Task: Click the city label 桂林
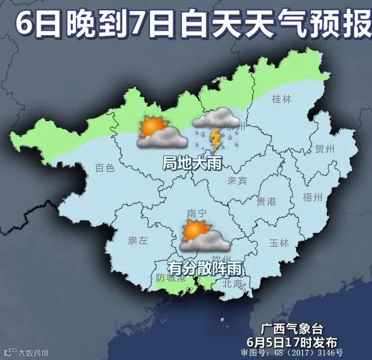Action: click(282, 99)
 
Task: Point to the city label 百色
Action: click(104, 168)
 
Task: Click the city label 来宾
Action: click(237, 181)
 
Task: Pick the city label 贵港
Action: click(266, 201)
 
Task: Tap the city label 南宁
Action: click(197, 213)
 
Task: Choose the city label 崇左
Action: click(138, 240)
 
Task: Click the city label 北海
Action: click(233, 283)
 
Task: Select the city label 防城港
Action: click(170, 278)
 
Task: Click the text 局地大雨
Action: click(192, 163)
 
